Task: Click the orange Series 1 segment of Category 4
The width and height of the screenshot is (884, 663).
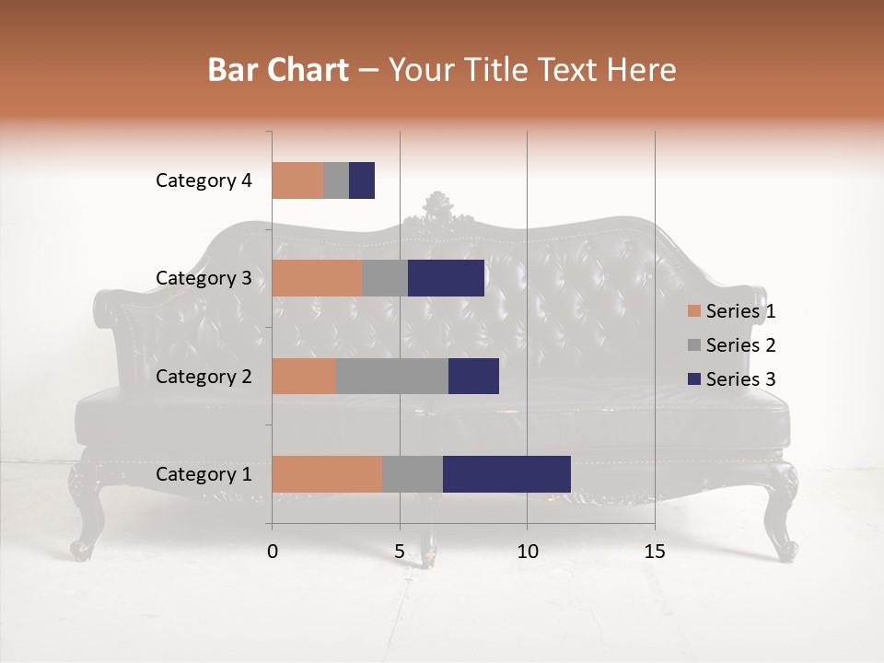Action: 297,180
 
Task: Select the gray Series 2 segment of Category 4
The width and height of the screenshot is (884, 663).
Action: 336,180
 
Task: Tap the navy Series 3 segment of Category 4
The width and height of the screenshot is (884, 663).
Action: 362,180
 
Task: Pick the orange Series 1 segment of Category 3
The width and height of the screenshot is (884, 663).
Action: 317,278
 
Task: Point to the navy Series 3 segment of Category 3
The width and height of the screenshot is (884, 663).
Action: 446,278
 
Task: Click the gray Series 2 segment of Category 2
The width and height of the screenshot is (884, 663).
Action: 392,376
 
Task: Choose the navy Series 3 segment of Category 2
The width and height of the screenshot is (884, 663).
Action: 473,376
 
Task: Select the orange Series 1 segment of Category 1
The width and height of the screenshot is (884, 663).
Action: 327,474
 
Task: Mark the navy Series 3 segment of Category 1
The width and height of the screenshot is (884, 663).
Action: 506,474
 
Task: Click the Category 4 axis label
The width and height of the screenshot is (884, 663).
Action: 204,180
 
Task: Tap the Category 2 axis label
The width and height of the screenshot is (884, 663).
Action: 204,377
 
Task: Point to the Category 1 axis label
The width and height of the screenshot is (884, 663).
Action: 204,474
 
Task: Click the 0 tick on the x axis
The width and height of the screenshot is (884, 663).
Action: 273,552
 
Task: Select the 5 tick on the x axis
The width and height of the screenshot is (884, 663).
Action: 400,552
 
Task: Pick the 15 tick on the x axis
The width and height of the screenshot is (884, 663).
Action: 655,552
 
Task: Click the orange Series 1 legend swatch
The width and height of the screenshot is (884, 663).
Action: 693,311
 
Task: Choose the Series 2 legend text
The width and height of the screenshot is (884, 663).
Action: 740,345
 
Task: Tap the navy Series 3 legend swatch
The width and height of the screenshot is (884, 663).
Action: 693,379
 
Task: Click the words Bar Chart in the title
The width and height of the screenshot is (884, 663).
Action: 278,70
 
